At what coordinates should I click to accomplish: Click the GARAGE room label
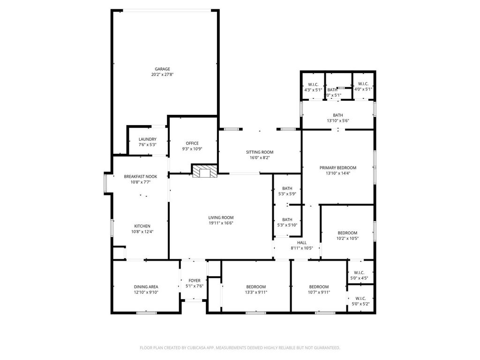162,69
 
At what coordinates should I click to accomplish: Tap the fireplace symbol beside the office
205,172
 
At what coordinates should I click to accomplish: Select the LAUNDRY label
148,139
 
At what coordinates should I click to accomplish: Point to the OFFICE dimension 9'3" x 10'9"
192,149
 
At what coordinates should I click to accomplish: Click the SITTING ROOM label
260,152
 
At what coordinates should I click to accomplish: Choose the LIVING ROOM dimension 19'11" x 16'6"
221,223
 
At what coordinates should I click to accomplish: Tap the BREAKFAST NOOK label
141,177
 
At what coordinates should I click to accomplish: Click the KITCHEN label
142,226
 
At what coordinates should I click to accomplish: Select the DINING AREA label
146,287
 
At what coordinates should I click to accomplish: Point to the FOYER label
195,280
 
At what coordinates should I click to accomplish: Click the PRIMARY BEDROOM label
338,168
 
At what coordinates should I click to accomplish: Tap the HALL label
302,243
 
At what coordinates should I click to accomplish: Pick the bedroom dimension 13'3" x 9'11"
256,292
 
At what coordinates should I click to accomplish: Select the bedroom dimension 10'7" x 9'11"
319,292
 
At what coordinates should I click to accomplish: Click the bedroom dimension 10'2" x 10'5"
347,239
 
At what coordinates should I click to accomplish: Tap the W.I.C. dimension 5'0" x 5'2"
360,304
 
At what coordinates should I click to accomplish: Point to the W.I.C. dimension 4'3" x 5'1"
313,90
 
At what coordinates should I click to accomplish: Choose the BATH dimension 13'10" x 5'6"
338,120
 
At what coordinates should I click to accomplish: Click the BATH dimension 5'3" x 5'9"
287,194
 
